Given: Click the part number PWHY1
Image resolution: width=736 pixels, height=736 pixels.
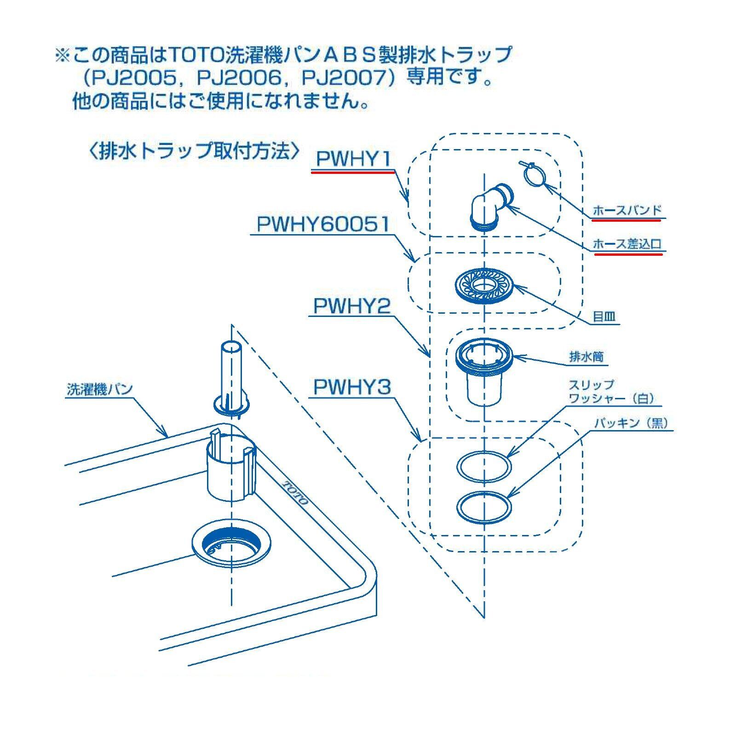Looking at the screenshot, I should tap(353, 159).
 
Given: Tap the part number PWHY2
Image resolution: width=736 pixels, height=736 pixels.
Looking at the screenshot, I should tap(352, 306).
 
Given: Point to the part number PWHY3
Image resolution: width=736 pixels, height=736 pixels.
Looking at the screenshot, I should tap(352, 387).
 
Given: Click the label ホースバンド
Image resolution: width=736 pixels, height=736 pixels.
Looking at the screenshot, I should tap(627, 211).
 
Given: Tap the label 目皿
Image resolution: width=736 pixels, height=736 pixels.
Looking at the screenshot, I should tap(604, 316).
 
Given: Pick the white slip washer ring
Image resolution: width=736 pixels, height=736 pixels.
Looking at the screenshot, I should tap(484, 466).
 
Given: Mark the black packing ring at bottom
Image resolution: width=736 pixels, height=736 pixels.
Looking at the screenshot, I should tap(484, 507).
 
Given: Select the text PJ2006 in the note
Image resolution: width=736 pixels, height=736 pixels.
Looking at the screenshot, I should tap(239, 78).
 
